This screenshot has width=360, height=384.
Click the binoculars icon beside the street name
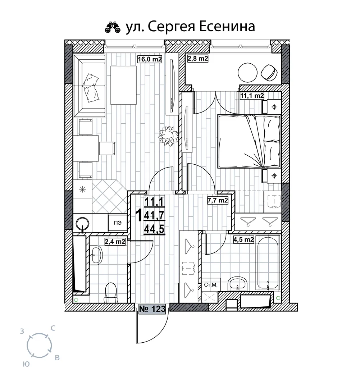coord(113,27)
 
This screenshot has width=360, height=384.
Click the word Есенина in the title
coord(227,27)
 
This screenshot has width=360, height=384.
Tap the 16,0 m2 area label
coord(150,59)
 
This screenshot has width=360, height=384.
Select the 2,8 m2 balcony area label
coord(198,58)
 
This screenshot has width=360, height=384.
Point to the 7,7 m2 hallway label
coord(218,201)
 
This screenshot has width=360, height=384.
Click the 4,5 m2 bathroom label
coord(243,239)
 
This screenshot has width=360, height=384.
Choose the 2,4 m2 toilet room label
coord(115,242)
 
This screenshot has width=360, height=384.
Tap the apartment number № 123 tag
coord(152,309)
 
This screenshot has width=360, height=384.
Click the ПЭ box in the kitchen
coord(118,223)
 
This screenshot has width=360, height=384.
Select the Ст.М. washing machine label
coord(211,285)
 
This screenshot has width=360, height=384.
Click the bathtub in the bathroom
coord(268,263)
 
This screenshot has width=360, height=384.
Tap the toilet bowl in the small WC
coord(111,292)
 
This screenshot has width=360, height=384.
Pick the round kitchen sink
coord(82,223)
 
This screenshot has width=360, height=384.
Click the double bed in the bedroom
coord(249,141)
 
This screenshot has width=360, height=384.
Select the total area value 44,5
coord(154,230)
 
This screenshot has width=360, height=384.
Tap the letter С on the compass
coord(53,328)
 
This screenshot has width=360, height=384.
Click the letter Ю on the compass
coord(26,364)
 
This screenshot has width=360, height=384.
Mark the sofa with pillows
coord(90,86)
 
